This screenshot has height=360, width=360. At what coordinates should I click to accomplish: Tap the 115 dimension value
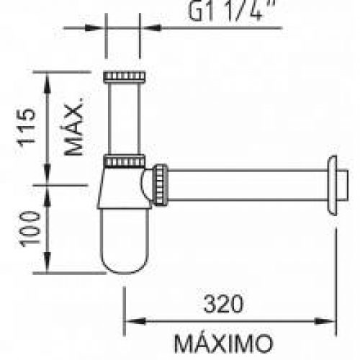tap(27, 127)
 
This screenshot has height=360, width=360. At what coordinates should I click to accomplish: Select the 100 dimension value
tap(30, 229)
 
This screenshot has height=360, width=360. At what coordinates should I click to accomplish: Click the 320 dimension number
tap(223, 304)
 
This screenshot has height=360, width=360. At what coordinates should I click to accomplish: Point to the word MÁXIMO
tap(223, 343)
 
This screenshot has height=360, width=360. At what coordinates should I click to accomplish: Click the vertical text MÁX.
tap(74, 127)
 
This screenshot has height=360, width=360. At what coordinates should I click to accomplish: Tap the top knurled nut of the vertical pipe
tap(125, 77)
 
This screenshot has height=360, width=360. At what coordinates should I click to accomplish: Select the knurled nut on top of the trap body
tap(125, 161)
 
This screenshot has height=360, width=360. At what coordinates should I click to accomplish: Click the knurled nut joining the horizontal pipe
tap(161, 185)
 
